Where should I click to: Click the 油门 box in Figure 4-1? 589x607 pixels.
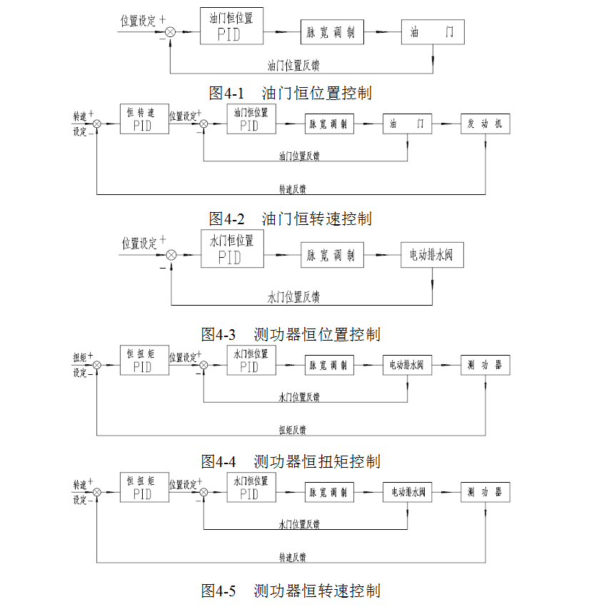(432, 32)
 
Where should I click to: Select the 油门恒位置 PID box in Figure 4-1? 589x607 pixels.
(231, 27)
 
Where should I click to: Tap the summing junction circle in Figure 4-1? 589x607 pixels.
(171, 32)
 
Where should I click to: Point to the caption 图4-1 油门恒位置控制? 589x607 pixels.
(290, 93)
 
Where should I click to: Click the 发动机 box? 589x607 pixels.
(485, 124)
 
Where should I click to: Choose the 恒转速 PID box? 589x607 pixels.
(144, 119)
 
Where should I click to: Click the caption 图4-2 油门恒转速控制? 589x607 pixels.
(290, 218)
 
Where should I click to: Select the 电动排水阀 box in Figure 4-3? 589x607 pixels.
(432, 255)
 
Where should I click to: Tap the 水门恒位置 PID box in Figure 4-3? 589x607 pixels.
(231, 250)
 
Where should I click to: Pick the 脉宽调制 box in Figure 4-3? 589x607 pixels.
(331, 255)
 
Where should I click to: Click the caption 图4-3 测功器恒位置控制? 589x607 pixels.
(291, 334)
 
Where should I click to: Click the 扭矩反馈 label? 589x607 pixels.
(293, 430)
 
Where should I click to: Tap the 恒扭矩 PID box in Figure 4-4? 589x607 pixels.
(144, 361)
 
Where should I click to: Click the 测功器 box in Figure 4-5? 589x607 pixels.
(485, 493)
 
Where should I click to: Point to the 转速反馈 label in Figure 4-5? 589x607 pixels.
(293, 556)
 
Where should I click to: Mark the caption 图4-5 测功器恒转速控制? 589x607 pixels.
(291, 591)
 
